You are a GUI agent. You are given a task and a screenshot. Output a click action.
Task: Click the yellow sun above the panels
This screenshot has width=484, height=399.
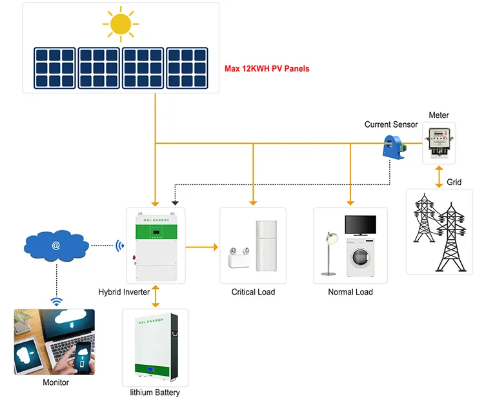point(121,24)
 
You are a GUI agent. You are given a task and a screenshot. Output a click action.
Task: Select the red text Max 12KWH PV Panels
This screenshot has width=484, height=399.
point(267,68)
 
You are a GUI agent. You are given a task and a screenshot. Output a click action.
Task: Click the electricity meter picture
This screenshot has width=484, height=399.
point(439,142)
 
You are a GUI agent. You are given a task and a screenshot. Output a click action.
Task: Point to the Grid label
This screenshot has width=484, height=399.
point(454,182)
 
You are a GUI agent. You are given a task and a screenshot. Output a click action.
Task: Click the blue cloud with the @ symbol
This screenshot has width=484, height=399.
point(56,246)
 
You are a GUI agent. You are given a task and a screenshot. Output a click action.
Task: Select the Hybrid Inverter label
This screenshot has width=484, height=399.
point(124,292)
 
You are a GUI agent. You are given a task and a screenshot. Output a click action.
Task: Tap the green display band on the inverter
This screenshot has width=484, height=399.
point(156,231)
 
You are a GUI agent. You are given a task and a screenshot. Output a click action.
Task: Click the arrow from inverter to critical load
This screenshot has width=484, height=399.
point(201,247)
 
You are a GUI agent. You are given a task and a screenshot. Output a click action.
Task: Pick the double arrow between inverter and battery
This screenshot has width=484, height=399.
point(156,296)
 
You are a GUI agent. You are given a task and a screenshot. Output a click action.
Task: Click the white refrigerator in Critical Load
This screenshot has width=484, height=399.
point(266,246)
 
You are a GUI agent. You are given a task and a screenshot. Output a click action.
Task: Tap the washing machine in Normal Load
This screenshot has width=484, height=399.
point(360,257)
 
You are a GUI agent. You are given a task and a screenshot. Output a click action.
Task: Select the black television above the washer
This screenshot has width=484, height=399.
point(361,226)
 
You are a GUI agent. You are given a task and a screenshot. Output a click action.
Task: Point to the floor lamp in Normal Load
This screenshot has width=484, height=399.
point(330,253)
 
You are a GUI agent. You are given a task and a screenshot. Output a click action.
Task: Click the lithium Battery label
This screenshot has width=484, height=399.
point(155,392)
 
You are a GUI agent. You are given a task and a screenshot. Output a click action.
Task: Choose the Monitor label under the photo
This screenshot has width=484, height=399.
point(56,382)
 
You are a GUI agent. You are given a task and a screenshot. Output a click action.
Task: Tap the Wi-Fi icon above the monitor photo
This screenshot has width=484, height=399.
point(57,302)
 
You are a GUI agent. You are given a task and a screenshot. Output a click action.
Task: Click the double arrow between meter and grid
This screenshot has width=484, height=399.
point(439,177)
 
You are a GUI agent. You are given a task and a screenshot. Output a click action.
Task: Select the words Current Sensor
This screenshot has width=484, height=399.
point(391,124)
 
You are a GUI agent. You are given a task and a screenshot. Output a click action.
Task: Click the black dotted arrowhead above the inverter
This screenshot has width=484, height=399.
point(175,203)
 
